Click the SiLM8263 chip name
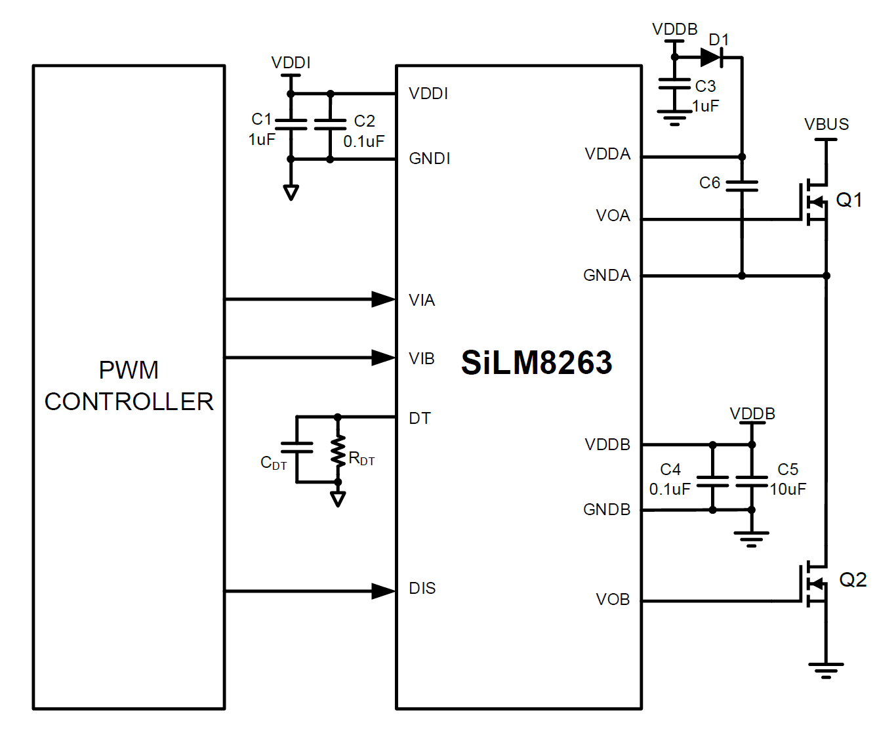537,362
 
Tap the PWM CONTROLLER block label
129,386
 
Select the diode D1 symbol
712,58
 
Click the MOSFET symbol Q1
814,202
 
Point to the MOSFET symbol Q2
814,583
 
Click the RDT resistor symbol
338,451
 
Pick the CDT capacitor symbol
296,448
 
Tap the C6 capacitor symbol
742,186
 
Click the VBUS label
826,124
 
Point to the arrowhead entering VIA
383,299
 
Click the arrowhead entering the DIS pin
383,591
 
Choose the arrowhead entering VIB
383,358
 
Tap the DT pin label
420,419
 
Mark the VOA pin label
613,216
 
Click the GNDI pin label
430,159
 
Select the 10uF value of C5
788,489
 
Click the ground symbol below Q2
826,669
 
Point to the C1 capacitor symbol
291,125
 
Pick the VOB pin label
613,599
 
